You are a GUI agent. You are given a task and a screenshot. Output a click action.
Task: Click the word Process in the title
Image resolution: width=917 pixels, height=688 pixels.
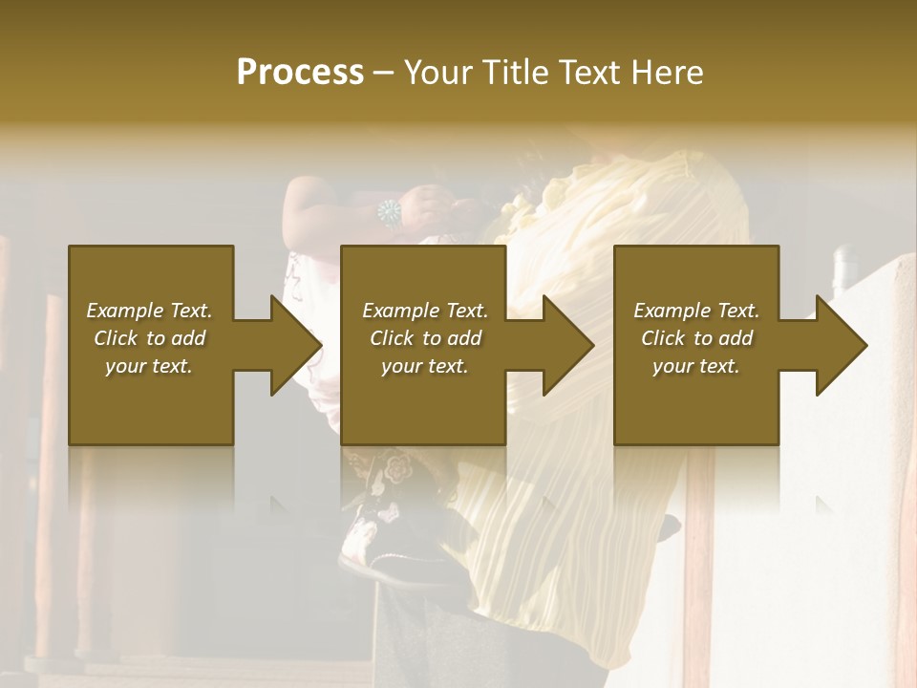[x=300, y=73]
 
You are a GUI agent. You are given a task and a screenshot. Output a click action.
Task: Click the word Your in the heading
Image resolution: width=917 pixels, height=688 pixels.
[x=439, y=73]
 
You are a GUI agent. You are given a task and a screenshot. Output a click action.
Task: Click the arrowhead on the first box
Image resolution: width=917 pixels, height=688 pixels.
[x=296, y=345]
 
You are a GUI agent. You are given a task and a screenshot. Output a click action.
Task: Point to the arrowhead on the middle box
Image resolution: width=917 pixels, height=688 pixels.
[x=569, y=345]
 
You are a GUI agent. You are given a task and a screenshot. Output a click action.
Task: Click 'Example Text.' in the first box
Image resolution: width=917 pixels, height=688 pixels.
[x=149, y=311]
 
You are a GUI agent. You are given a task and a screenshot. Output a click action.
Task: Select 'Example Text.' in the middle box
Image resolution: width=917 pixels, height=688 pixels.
[x=425, y=311]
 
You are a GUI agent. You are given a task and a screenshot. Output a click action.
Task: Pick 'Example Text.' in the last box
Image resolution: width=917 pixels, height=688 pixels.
[x=696, y=311]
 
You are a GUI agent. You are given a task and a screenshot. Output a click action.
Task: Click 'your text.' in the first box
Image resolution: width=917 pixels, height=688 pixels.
[x=149, y=366]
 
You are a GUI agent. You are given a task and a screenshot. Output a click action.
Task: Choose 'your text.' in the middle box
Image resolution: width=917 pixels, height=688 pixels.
[x=425, y=366]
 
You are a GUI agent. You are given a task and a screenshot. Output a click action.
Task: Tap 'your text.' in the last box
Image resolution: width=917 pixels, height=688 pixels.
[x=696, y=366]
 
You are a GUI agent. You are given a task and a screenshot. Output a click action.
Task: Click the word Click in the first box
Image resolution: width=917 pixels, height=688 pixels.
[x=117, y=338]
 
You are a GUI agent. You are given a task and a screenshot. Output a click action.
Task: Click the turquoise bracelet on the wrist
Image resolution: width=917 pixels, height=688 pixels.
[x=389, y=212]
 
